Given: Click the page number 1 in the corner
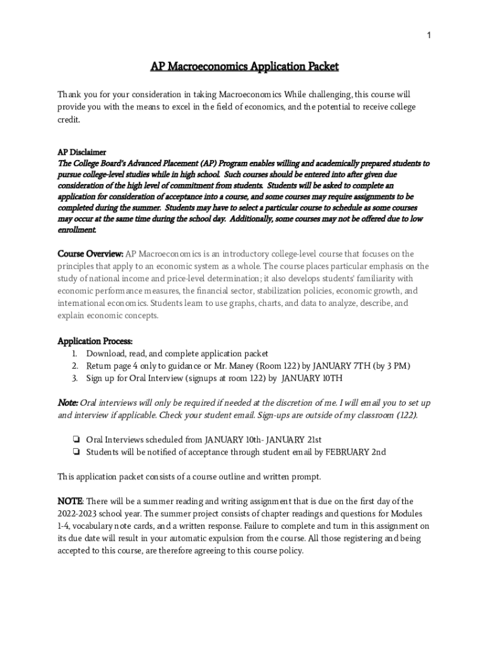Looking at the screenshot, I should [x=429, y=36].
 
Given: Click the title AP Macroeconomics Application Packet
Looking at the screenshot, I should [x=245, y=67].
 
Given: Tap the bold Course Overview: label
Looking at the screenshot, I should [x=90, y=254].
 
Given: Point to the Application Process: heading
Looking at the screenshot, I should [x=95, y=342].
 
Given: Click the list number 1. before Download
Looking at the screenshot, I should [x=74, y=354].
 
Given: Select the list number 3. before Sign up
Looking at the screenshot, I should [x=74, y=378].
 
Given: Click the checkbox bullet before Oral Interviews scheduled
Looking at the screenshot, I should [x=75, y=440].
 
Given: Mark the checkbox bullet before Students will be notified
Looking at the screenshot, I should [x=75, y=453].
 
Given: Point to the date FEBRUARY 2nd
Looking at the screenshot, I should [x=356, y=453].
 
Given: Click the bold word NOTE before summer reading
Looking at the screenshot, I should [x=70, y=501].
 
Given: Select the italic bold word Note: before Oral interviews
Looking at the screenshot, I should [x=68, y=403].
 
